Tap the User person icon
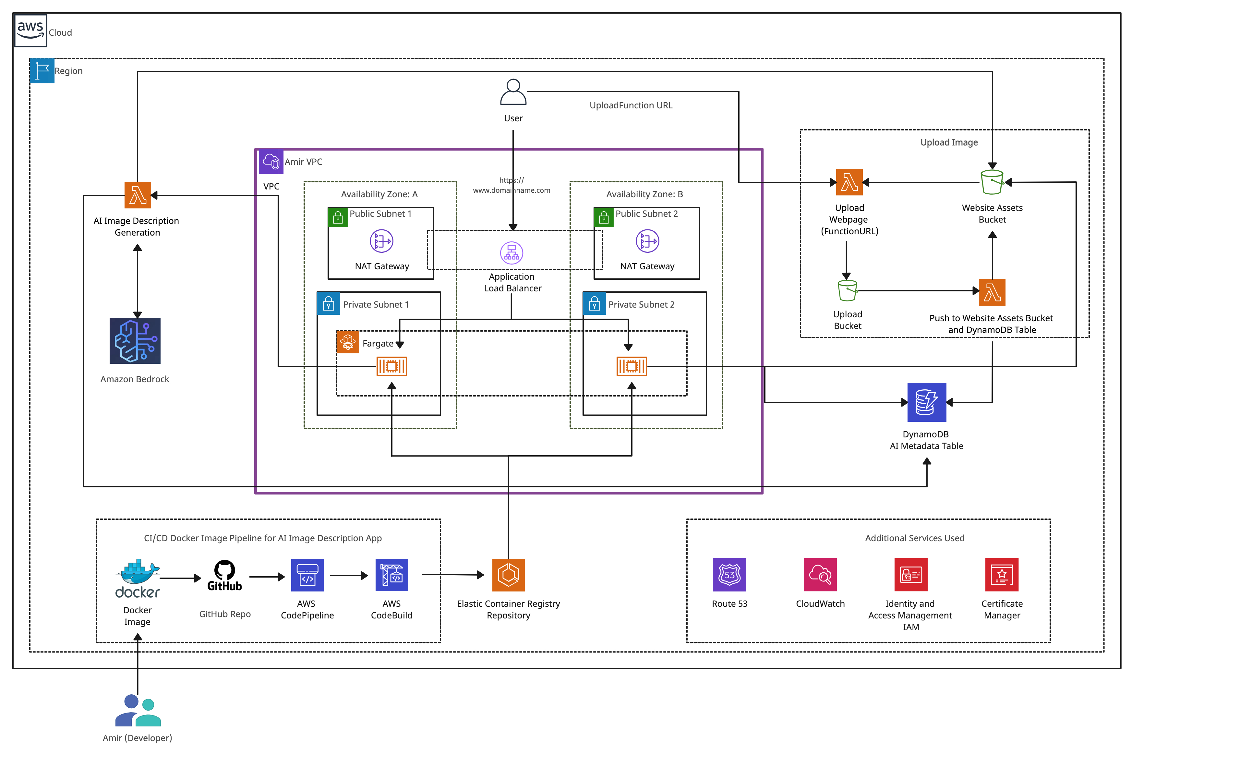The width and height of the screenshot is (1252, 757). click(x=513, y=92)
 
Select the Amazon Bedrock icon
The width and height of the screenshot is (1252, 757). click(x=135, y=341)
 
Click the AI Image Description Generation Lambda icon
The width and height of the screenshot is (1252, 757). click(x=138, y=195)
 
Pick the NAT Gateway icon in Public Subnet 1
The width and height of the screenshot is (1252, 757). click(x=381, y=241)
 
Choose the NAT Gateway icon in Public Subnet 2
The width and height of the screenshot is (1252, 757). click(x=647, y=241)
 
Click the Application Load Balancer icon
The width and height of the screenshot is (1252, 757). click(x=512, y=253)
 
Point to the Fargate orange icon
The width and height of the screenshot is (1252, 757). click(x=348, y=342)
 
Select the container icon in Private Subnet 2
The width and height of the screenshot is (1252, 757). click(x=632, y=366)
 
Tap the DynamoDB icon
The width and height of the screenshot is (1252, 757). click(x=927, y=402)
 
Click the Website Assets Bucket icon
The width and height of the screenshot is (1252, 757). click(x=992, y=182)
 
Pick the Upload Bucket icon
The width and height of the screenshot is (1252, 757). click(x=847, y=291)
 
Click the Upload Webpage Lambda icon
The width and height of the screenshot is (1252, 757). click(x=849, y=182)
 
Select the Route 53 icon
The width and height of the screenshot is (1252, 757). click(x=729, y=575)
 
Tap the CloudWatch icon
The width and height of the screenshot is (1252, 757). click(x=820, y=575)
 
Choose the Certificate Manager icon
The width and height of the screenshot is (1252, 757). click(x=1002, y=575)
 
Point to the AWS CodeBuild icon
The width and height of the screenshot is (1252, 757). click(x=392, y=575)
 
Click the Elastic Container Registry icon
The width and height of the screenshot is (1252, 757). click(x=508, y=575)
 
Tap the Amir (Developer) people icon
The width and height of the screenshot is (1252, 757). click(x=138, y=711)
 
